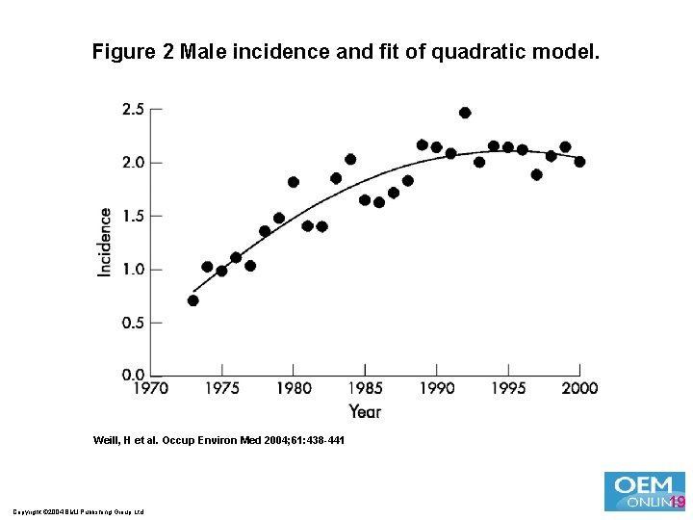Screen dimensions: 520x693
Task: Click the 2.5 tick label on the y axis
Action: click(132, 109)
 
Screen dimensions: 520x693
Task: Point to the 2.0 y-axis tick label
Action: click(132, 163)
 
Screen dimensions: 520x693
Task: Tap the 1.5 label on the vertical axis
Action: click(132, 216)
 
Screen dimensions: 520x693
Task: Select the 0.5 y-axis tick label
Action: click(132, 323)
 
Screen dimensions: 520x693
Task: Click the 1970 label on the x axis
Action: click(150, 388)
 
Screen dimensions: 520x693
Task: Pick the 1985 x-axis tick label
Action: click(365, 388)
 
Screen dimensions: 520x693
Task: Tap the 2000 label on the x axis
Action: click(579, 388)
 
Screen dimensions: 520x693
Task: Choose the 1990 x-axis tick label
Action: click(437, 388)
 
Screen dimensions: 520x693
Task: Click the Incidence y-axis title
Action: click(105, 242)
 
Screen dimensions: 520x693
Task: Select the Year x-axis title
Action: click(365, 411)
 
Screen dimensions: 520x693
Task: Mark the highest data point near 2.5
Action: click(465, 113)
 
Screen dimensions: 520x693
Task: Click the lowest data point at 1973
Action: click(193, 300)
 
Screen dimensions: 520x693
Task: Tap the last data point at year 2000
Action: click(579, 162)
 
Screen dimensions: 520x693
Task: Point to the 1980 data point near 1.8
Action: click(294, 182)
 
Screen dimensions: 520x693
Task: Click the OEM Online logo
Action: click(644, 491)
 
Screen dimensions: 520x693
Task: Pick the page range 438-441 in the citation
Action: click(321, 440)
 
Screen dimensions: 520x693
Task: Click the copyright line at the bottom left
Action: click(79, 511)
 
